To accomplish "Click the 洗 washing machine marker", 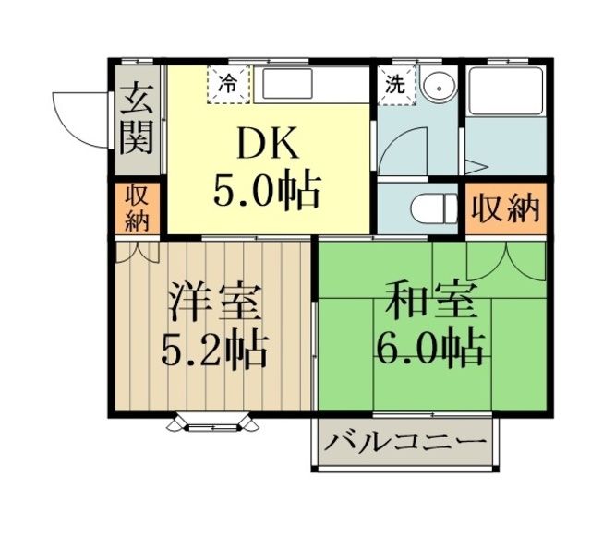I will click(395, 84).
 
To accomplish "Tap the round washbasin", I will click(439, 84).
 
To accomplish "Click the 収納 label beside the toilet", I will click(503, 208).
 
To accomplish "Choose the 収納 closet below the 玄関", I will click(137, 208).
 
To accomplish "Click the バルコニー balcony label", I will click(404, 442).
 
